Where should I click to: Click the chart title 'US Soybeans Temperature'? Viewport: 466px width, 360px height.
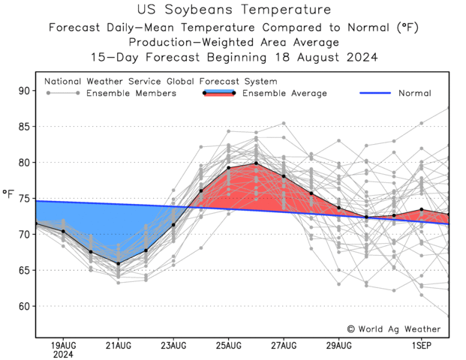pyautogui.click(x=234, y=10)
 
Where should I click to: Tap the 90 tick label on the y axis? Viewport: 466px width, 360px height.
pyautogui.click(x=24, y=91)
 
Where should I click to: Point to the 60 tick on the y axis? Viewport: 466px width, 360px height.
pyautogui.click(x=24, y=306)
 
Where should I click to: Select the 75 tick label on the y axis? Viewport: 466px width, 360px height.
pyautogui.click(x=24, y=199)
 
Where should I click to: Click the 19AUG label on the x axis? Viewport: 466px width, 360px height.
pyautogui.click(x=63, y=345)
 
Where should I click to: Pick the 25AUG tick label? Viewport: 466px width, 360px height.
pyautogui.click(x=229, y=345)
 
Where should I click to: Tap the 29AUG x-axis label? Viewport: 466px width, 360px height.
pyautogui.click(x=339, y=345)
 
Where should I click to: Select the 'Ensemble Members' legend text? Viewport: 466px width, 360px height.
pyautogui.click(x=131, y=93)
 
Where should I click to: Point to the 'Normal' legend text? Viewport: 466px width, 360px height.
pyautogui.click(x=415, y=93)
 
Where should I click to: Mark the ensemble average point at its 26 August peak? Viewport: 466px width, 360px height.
pyautogui.click(x=256, y=163)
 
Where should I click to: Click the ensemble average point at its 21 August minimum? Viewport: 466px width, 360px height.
pyautogui.click(x=118, y=263)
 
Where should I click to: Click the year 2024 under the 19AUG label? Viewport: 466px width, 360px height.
pyautogui.click(x=63, y=355)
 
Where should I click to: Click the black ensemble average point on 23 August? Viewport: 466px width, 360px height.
pyautogui.click(x=173, y=225)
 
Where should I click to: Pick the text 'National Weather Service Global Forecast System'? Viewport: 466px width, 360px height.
pyautogui.click(x=161, y=81)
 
